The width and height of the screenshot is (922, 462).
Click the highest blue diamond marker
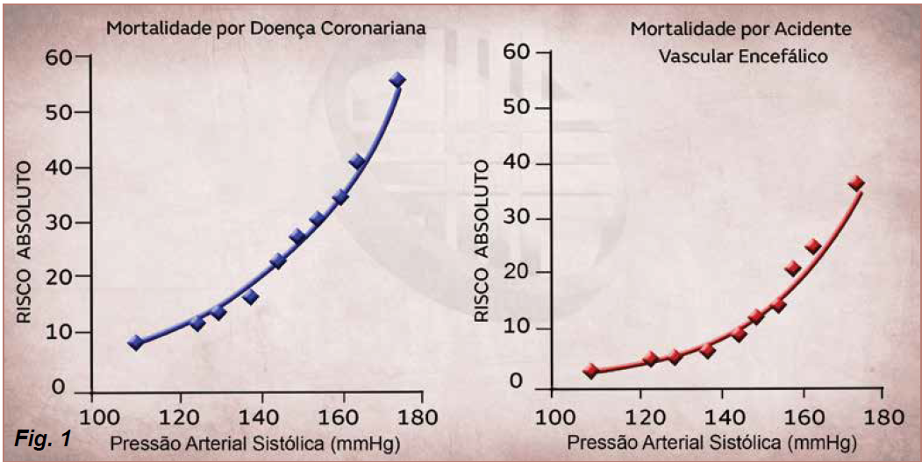tap(397, 80)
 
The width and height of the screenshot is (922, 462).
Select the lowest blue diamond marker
tap(136, 343)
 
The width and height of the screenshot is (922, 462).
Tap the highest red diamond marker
tap(856, 183)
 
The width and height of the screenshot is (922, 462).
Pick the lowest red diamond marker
tap(591, 371)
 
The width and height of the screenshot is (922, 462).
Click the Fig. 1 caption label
tap(42, 438)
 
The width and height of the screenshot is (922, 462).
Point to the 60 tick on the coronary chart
tap(58, 57)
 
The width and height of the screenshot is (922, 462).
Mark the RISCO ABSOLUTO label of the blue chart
tap(23, 242)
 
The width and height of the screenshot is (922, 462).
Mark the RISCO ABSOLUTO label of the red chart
tap(482, 241)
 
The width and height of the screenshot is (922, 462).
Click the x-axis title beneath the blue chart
tap(256, 443)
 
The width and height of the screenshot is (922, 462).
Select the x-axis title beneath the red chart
tap(712, 443)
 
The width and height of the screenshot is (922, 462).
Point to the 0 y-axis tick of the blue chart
tap(58, 387)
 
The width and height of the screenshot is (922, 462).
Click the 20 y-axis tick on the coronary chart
tap(58, 276)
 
